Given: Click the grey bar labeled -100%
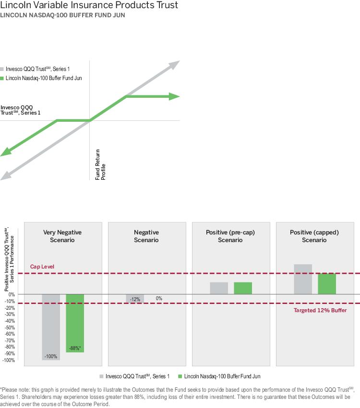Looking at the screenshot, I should click(51, 326).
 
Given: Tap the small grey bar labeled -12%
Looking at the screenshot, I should click(135, 298).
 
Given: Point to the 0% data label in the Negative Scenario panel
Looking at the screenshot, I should click(159, 299).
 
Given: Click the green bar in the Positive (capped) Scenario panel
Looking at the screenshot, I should click(327, 283).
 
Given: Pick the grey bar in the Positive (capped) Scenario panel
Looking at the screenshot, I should click(303, 279).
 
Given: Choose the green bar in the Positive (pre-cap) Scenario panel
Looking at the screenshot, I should click(243, 288).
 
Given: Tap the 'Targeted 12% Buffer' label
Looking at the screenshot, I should click(320, 310).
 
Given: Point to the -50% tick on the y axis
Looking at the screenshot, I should click(9, 327).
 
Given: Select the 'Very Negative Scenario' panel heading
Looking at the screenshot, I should click(62, 236).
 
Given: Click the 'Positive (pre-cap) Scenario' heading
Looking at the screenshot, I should click(230, 236).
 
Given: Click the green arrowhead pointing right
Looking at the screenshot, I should click(175, 96).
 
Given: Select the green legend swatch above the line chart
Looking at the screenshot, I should click(2, 78).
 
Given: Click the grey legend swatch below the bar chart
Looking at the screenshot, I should click(102, 376).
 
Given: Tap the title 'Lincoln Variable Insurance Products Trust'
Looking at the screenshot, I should click(89, 6).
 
